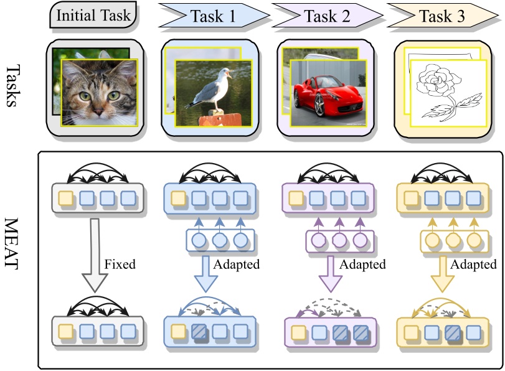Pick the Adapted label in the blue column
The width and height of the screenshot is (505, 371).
tap(237, 265)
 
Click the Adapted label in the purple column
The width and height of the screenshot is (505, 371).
tap(362, 265)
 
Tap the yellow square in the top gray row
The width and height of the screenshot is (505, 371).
tap(64, 199)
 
